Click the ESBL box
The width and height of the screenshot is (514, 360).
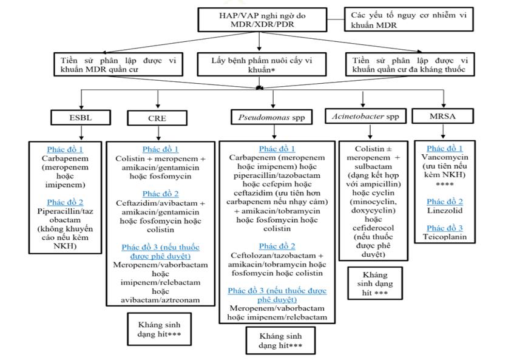pyautogui.click(x=81, y=117)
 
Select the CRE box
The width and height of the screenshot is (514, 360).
pyautogui.click(x=157, y=118)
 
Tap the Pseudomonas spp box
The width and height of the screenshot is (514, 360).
pyautogui.click(x=271, y=117)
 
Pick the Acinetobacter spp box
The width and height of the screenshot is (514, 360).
pyautogui.click(x=365, y=116)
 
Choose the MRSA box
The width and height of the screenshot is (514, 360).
pyautogui.click(x=442, y=116)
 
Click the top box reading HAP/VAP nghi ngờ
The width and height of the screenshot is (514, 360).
pyautogui.click(x=262, y=19)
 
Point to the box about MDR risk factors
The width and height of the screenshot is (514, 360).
pyautogui.click(x=409, y=19)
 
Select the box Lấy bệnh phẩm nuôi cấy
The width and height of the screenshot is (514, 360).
pyautogui.click(x=262, y=64)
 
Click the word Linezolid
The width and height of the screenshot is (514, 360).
pyautogui.click(x=445, y=211)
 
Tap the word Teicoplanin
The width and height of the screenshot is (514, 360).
pyautogui.click(x=445, y=237)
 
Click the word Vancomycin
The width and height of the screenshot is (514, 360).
pyautogui.click(x=445, y=157)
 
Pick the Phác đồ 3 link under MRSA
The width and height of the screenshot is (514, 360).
pyautogui.click(x=445, y=228)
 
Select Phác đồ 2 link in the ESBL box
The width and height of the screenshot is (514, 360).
pyautogui.click(x=65, y=202)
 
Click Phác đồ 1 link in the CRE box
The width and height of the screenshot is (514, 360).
pyautogui.click(x=160, y=149)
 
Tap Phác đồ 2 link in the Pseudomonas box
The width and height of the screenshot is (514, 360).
pyautogui.click(x=277, y=246)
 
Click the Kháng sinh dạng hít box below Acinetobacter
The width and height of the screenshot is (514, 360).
pyautogui.click(x=375, y=284)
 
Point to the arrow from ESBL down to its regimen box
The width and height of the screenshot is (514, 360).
pyautogui.click(x=81, y=133)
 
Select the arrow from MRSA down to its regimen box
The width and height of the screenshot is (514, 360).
pyautogui.click(x=443, y=131)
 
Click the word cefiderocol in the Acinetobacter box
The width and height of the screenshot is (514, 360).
pyautogui.click(x=373, y=228)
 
